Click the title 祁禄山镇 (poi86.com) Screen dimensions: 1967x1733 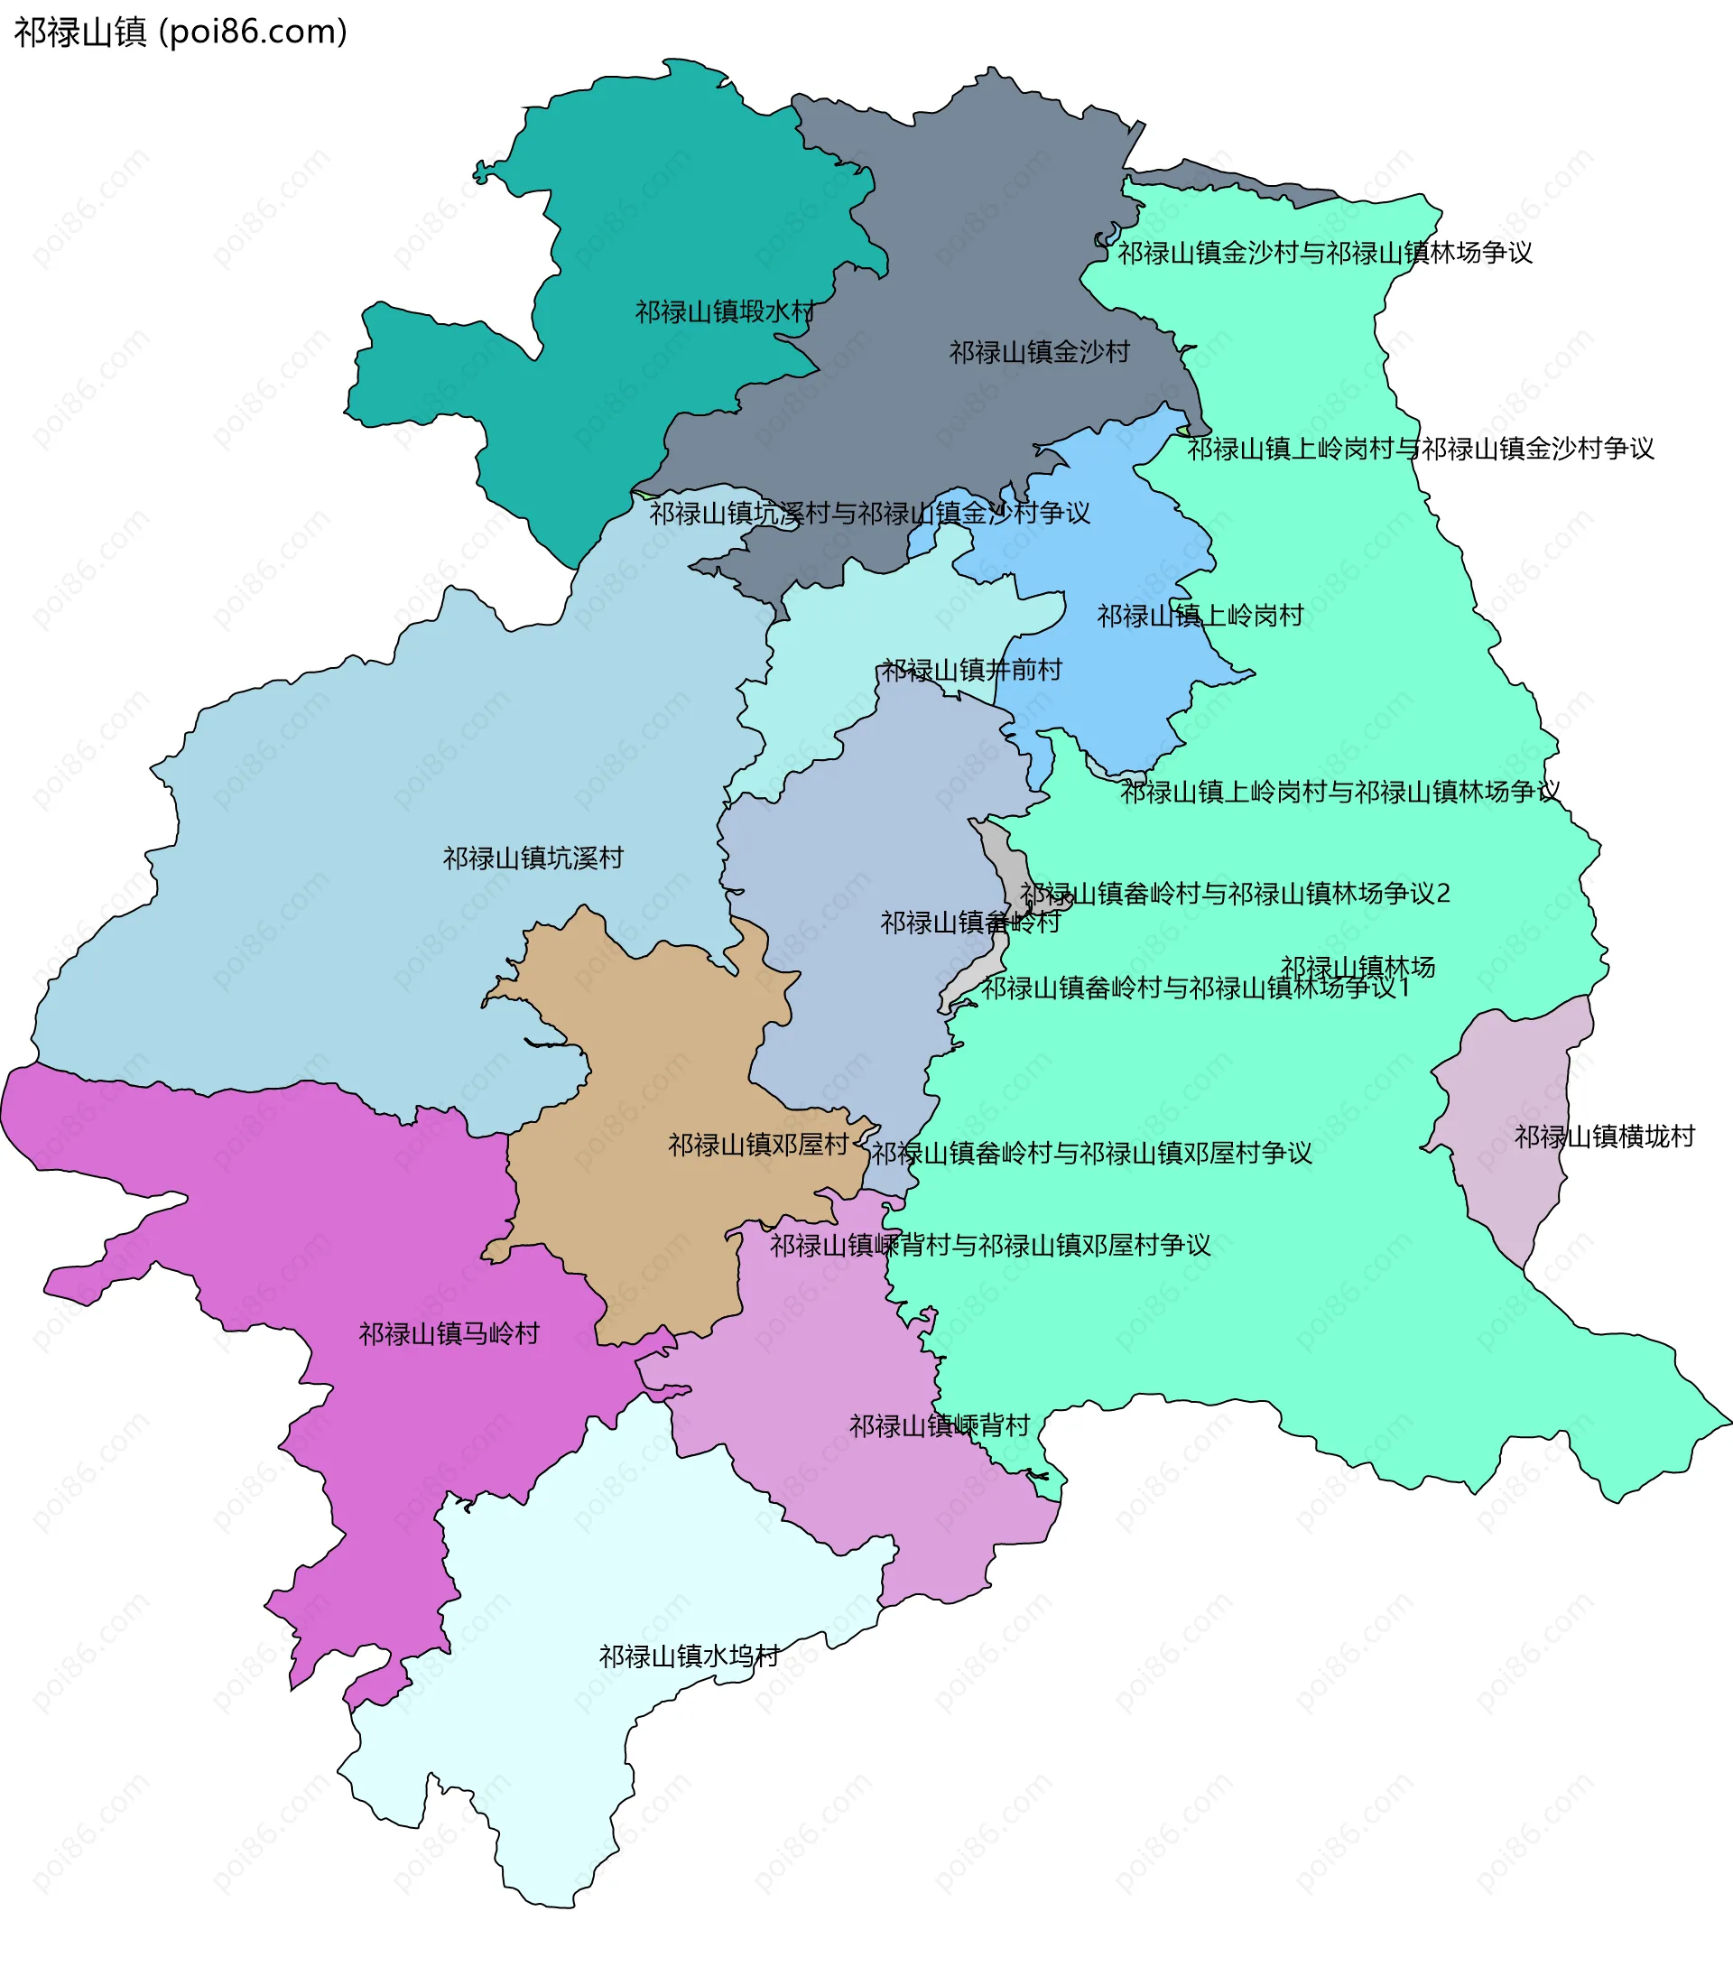click(x=180, y=32)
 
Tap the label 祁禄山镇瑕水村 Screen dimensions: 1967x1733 click(x=725, y=311)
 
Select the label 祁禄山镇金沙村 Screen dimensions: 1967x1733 click(x=1039, y=352)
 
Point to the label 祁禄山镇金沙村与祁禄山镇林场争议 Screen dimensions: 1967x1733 click(x=1324, y=253)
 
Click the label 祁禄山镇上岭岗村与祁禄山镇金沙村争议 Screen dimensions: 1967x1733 click(x=1421, y=449)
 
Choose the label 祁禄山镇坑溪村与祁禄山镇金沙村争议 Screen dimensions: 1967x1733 click(x=870, y=513)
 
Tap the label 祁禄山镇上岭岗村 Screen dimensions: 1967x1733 click(x=1200, y=616)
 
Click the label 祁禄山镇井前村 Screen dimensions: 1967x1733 click(x=972, y=670)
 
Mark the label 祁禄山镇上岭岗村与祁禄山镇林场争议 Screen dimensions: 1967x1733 click(x=1340, y=792)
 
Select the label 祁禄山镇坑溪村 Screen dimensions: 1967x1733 click(x=533, y=858)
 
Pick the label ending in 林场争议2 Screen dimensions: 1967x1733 click(x=1235, y=894)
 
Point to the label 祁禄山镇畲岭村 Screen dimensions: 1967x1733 click(x=970, y=923)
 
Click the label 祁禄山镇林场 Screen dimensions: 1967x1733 click(x=1357, y=966)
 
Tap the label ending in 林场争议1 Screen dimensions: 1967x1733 click(x=1195, y=988)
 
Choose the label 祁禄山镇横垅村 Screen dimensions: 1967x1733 click(x=1604, y=1137)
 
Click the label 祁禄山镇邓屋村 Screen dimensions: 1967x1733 click(x=758, y=1145)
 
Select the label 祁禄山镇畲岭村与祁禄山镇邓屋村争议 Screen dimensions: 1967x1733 click(x=1091, y=1153)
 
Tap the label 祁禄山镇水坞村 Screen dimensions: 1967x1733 click(x=689, y=1656)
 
